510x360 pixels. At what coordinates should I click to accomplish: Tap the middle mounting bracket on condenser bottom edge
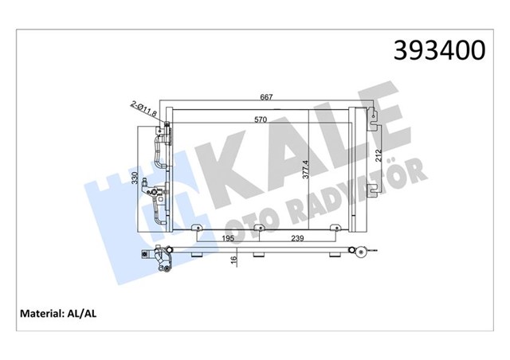pos(257,231)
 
